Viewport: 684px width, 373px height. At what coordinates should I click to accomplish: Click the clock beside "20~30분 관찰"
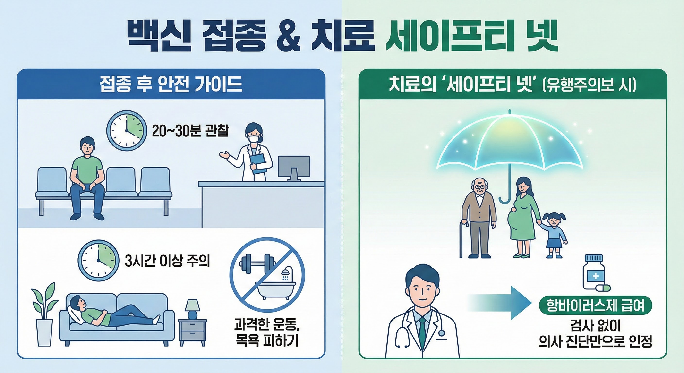[x=127, y=131]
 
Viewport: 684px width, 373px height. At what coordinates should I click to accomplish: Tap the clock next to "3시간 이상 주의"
[x=98, y=260]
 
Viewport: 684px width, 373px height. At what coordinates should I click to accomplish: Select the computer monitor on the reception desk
[x=294, y=167]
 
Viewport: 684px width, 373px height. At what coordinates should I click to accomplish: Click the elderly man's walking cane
[x=462, y=239]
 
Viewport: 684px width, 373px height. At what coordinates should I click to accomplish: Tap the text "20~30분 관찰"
[x=190, y=131]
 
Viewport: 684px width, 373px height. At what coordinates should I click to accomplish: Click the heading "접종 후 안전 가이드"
[x=171, y=85]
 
